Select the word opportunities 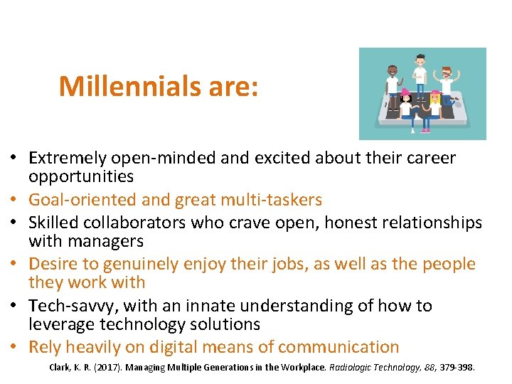point(81,176)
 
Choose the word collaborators point(143,223)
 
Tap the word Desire point(52,264)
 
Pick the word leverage point(60,324)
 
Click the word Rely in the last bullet point(44,347)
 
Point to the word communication point(339,347)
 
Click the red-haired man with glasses point(446,82)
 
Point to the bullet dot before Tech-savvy point(15,306)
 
